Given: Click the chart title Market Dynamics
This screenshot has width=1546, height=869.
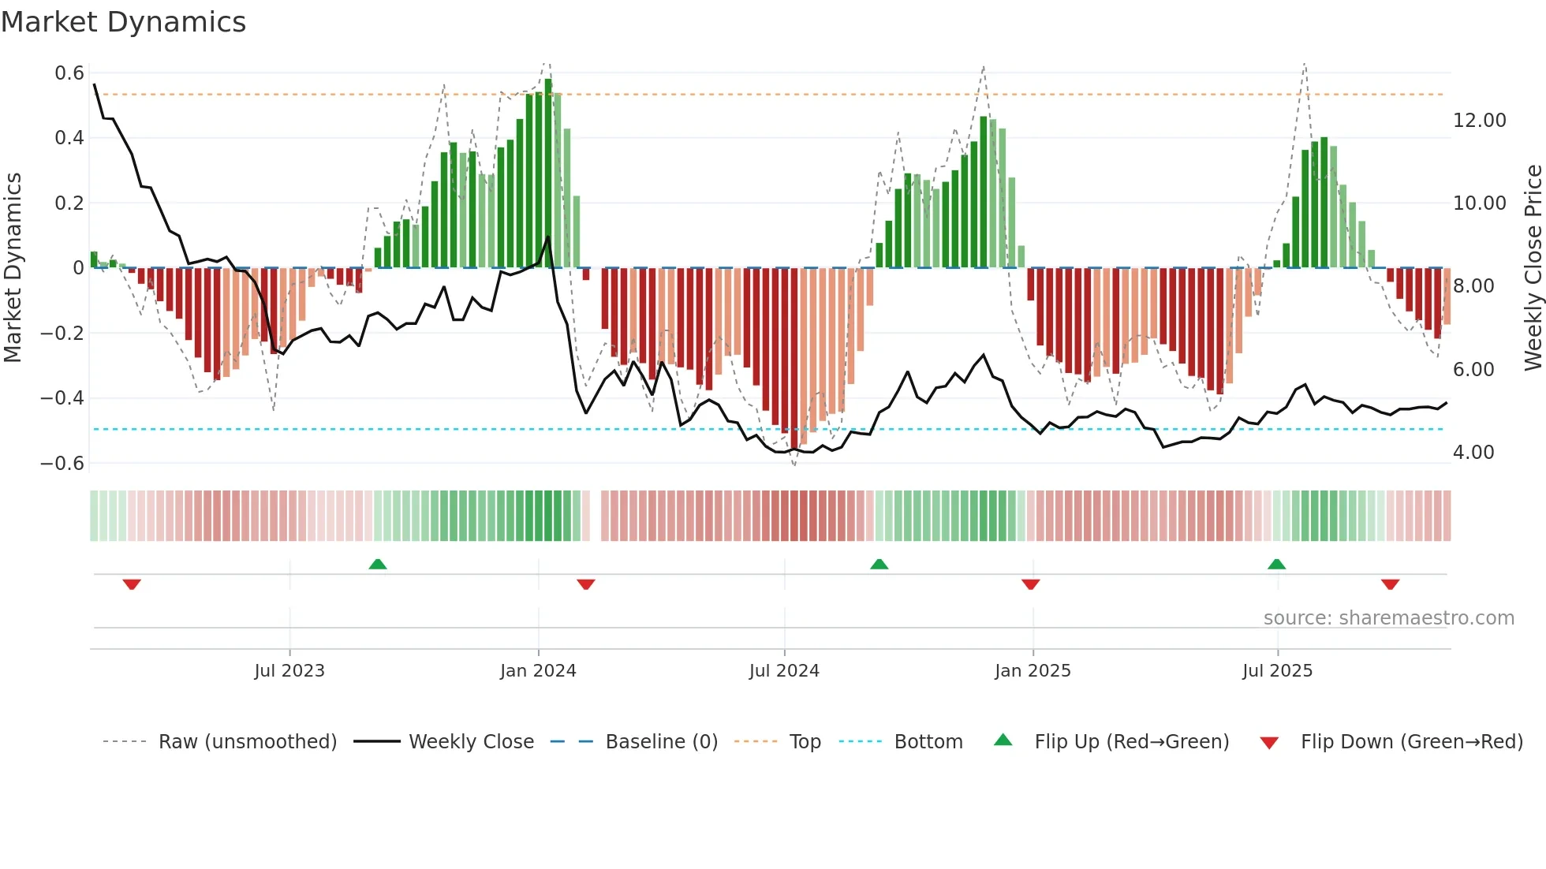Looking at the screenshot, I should tap(124, 22).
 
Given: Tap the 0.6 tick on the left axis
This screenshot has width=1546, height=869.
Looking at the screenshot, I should tap(69, 73).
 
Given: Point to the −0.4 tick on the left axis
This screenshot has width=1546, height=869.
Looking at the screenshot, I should tap(62, 397).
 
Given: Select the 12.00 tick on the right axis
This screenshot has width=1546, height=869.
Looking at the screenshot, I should tap(1479, 121).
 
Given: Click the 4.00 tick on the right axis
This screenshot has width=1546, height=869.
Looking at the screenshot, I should tap(1473, 453).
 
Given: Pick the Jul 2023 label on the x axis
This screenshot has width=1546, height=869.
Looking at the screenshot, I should tap(289, 671).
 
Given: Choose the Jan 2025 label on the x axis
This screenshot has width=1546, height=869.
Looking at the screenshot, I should tap(1033, 671).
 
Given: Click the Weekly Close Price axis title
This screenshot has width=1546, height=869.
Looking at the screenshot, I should tap(1533, 267).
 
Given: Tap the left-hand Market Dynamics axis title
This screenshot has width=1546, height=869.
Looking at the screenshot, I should tap(13, 267).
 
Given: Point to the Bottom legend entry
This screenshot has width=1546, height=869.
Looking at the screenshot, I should tap(928, 742).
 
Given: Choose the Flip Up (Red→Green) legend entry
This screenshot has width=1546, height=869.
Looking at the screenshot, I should tap(1131, 742).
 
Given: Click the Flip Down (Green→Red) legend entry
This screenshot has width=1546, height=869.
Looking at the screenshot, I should tap(1411, 742).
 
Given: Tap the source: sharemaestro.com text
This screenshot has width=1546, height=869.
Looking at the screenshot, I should tap(1388, 618).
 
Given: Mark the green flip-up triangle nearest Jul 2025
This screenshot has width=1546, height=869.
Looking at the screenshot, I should tap(1276, 564).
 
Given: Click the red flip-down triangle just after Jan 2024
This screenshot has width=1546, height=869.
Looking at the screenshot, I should tap(585, 584).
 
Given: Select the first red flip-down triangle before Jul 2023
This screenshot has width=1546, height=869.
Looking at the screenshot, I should tap(132, 584).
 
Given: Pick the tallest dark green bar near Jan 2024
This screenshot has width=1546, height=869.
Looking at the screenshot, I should tap(548, 173).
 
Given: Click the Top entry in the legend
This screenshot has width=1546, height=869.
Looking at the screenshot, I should tap(805, 742).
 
